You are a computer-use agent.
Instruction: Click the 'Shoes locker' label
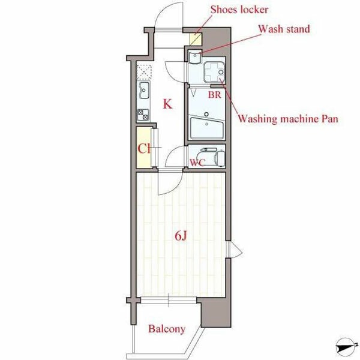(239, 10)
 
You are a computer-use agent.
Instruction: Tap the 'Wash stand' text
(284, 29)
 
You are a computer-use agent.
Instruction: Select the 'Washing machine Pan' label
(288, 119)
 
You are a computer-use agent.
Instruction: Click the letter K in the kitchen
(167, 104)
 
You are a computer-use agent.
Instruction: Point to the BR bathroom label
(214, 95)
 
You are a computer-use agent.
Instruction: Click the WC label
(197, 163)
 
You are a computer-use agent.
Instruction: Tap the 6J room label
(181, 236)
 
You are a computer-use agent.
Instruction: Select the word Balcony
(167, 329)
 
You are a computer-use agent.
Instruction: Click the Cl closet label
(144, 149)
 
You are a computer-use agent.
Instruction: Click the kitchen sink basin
(144, 90)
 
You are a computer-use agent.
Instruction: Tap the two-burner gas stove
(143, 115)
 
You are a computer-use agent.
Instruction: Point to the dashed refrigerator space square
(144, 72)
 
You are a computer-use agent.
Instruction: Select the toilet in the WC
(212, 157)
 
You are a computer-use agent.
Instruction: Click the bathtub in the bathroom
(206, 128)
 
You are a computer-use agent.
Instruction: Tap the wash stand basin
(195, 57)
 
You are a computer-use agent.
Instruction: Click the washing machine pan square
(214, 72)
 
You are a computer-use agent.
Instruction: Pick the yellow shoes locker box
(196, 39)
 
